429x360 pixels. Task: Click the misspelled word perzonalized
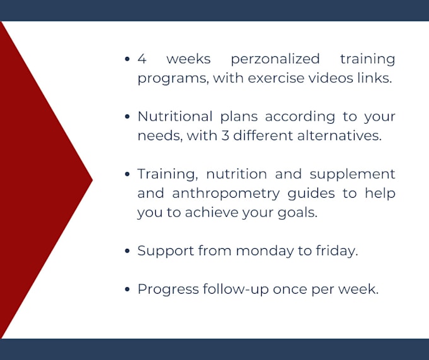[275, 59]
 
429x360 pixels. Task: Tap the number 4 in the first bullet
[142, 59]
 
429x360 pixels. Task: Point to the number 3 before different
[240, 136]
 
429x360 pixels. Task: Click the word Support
[165, 251]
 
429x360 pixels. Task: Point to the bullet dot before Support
[128, 251]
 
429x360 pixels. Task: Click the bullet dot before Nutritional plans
[128, 117]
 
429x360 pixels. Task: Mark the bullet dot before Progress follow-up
[128, 290]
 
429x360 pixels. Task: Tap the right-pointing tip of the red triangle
[91, 180]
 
